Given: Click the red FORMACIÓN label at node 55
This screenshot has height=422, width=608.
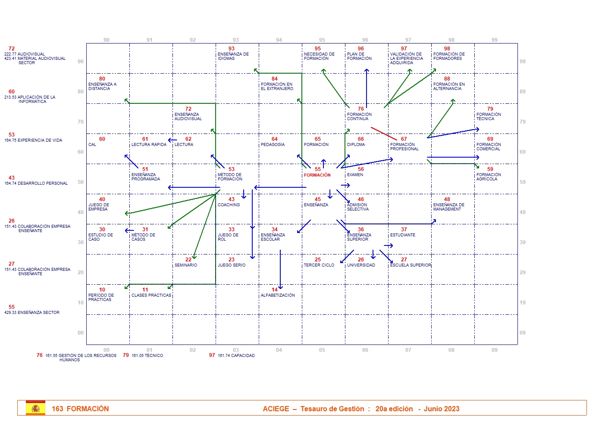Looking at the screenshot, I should click(317, 175).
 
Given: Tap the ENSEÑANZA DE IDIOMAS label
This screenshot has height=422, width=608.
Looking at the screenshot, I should click(233, 56).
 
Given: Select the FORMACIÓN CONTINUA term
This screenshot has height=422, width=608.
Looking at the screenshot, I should click(359, 117).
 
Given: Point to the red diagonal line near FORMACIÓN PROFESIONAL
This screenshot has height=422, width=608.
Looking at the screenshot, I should click(383, 133).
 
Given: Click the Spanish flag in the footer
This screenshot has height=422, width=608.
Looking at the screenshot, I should click(35, 408).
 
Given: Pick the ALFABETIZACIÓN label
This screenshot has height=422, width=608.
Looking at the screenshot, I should click(278, 295).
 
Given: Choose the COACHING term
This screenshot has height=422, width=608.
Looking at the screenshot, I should click(229, 205).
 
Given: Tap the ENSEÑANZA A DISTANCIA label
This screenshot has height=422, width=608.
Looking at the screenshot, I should click(102, 87).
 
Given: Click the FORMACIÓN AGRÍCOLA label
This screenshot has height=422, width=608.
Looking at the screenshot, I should click(489, 177).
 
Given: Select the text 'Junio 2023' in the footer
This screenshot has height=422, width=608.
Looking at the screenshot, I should click(442, 409).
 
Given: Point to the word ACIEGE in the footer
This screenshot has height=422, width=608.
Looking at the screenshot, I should click(276, 409).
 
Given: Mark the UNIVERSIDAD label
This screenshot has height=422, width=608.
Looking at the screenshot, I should click(361, 265).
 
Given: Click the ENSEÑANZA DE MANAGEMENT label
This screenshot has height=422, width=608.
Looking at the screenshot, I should click(448, 207).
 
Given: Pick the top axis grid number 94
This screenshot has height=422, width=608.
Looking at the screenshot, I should click(279, 40).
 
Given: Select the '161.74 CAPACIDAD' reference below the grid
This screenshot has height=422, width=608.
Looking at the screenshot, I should click(236, 356).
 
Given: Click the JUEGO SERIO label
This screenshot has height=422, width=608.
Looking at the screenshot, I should click(231, 265).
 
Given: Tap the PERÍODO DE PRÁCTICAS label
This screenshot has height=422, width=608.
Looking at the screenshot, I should click(101, 298).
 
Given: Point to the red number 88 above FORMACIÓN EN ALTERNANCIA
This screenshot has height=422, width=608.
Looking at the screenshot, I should click(447, 79).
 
